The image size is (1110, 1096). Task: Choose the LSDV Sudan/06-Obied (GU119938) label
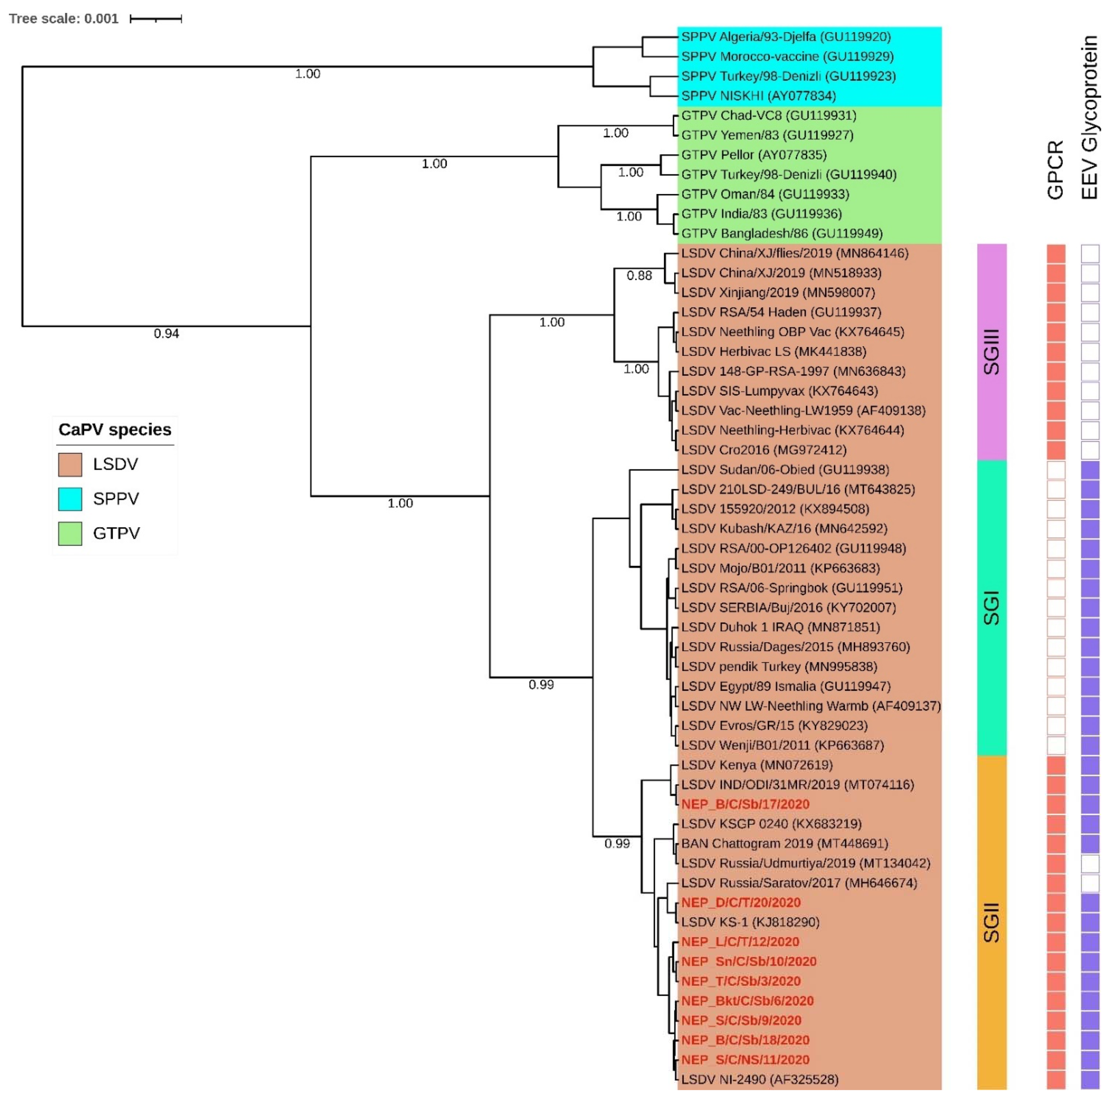(x=784, y=470)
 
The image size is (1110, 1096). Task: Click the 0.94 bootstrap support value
(x=166, y=334)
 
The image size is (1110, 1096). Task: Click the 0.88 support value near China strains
(x=639, y=276)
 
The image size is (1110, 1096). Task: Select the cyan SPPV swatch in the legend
(x=70, y=499)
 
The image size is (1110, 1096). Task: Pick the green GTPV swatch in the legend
(x=70, y=533)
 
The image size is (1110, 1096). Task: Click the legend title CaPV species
(x=115, y=430)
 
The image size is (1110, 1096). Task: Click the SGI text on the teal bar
(x=992, y=608)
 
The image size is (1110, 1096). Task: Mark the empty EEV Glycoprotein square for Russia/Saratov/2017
(x=1090, y=883)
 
